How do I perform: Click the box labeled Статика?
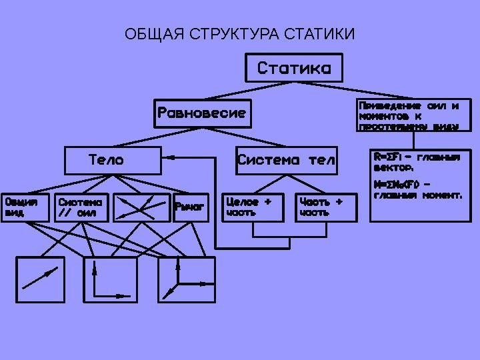pyautogui.click(x=293, y=68)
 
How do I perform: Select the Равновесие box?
pyautogui.click(x=202, y=113)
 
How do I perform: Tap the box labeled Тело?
pyautogui.click(x=113, y=160)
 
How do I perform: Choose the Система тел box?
pyautogui.click(x=287, y=160)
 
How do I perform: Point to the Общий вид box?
pyautogui.click(x=25, y=207)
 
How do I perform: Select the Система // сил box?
pyautogui.click(x=81, y=207)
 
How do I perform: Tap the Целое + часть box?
pyautogui.click(x=253, y=207)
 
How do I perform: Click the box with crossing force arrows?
pyautogui.click(x=141, y=207)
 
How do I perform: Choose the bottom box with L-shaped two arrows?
pyautogui.click(x=111, y=279)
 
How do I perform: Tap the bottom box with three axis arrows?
pyautogui.click(x=186, y=279)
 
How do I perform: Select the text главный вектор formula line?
pyautogui.click(x=417, y=163)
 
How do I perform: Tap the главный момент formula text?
pyautogui.click(x=417, y=190)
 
